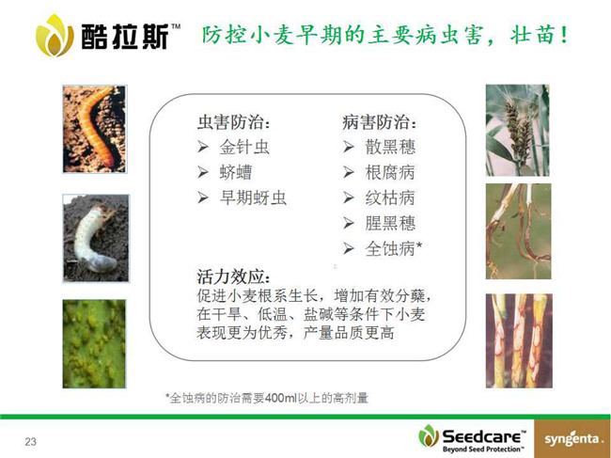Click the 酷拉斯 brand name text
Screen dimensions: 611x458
tap(125, 37)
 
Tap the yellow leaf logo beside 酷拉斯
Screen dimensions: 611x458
tap(54, 36)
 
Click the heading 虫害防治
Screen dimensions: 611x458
tap(233, 122)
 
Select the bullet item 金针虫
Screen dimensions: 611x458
tap(244, 148)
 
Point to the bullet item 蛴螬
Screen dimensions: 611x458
tap(236, 173)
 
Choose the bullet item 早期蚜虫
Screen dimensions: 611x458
tap(253, 198)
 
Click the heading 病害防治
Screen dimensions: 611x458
tap(379, 122)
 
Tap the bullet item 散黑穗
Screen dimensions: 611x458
tap(390, 148)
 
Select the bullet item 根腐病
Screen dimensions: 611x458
tap(390, 173)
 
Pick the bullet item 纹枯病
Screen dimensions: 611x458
tap(390, 198)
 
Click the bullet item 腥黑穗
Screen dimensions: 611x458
tap(390, 223)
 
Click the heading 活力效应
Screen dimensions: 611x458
tap(233, 276)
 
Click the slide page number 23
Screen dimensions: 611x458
tap(30, 442)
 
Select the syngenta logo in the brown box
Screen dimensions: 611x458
tap(572, 439)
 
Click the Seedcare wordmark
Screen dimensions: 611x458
tap(483, 436)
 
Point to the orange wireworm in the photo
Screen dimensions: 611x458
tap(96, 125)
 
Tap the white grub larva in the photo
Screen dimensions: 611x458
tap(93, 239)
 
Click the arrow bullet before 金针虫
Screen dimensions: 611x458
tap(203, 147)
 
